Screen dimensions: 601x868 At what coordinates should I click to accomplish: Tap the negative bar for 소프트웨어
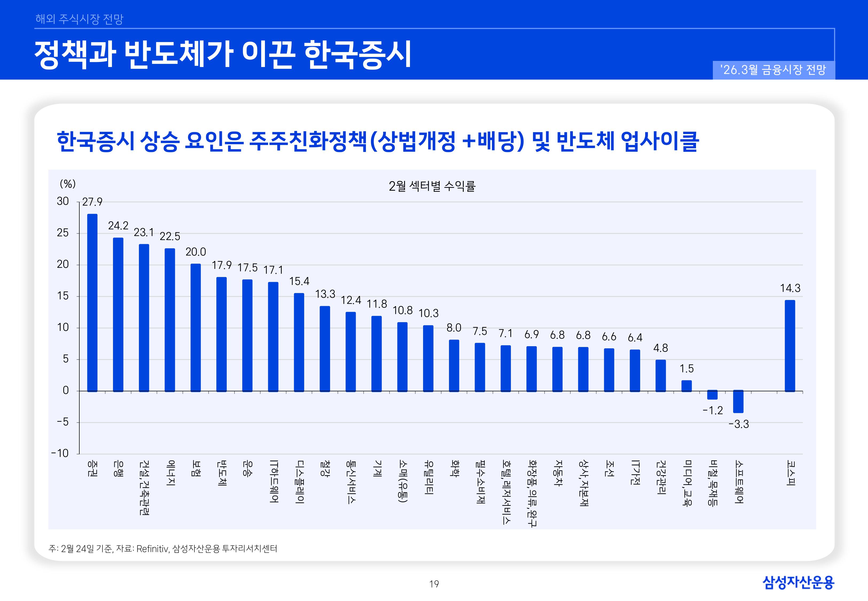coord(738,401)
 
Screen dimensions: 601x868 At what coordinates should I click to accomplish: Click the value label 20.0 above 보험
coord(196,252)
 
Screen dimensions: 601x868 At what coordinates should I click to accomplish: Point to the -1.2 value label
coord(713,411)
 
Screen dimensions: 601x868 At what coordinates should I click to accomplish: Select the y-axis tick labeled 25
coord(63,233)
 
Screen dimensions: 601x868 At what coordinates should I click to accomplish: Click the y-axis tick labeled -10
coord(60,453)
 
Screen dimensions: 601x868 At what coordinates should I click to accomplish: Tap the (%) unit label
coord(68,184)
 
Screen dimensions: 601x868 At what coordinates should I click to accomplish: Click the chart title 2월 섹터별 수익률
coord(432,186)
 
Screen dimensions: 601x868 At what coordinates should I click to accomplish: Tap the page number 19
coord(434,584)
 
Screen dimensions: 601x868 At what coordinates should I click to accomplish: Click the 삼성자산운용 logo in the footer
coord(798,583)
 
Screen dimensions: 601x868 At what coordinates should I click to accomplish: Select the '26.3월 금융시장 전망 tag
coord(773,70)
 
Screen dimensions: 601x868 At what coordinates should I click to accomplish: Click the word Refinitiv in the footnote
coord(153,549)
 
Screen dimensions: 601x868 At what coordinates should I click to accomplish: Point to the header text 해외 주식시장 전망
coord(79,19)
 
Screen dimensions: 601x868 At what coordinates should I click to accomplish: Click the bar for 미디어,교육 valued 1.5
coord(686,386)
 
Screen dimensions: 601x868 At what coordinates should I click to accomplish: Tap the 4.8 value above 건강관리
coord(660,348)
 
